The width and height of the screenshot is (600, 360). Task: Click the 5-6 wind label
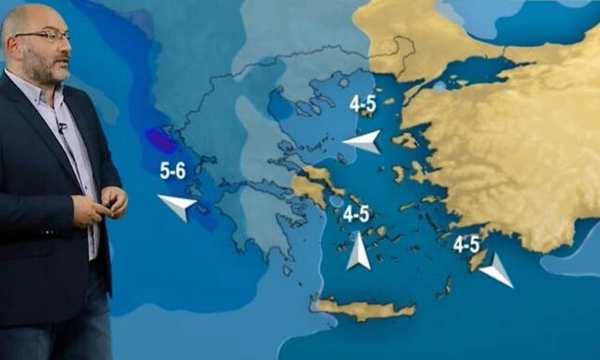click(172, 172)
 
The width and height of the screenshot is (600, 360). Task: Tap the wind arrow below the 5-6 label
click(178, 206)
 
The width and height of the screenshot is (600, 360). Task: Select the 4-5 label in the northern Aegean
click(362, 104)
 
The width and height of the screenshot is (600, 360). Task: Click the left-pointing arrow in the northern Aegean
click(364, 142)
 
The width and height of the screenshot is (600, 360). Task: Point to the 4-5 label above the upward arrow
click(356, 214)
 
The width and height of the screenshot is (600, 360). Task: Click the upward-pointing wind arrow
click(358, 251)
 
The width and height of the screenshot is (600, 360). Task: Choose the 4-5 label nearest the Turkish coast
click(466, 244)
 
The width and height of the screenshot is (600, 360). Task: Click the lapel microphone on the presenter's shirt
click(61, 127)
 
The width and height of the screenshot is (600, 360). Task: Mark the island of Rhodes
click(478, 260)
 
